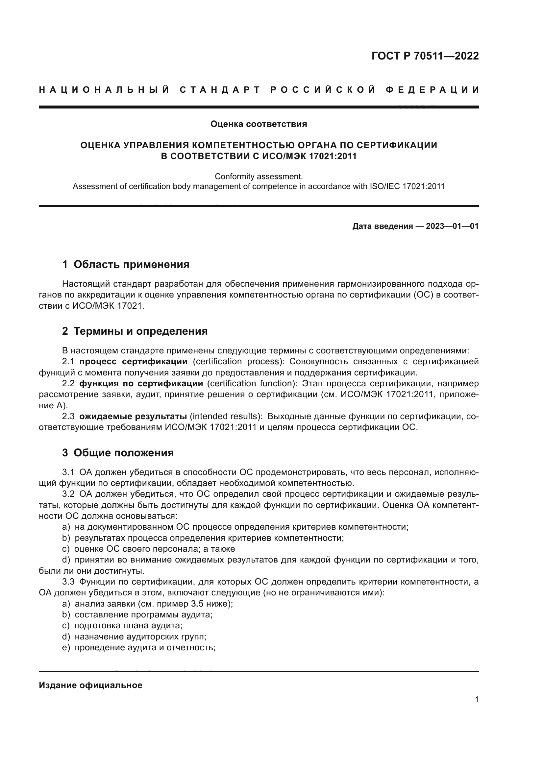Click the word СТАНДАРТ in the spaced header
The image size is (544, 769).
220,90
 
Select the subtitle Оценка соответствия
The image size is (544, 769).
259,124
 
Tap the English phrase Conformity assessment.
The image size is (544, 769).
259,176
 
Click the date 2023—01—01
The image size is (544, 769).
452,226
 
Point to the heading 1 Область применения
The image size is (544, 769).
126,264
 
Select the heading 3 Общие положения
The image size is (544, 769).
118,452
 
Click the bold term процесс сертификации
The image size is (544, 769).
133,361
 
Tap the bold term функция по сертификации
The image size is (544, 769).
141,383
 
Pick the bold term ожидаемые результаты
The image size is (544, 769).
133,416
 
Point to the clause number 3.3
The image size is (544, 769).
68,582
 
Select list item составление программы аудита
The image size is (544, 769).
143,614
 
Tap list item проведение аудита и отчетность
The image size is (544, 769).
144,647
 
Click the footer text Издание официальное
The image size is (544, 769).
90,685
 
